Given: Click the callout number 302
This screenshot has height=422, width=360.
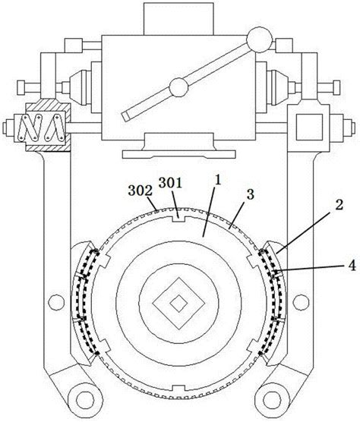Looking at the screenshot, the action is (x=141, y=191).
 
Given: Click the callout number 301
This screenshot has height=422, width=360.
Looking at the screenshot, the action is (x=170, y=183).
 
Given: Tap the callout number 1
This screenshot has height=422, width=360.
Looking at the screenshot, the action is (x=217, y=181).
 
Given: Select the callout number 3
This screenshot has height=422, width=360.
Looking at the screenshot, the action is (x=251, y=194).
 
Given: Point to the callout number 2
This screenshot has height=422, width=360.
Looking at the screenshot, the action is (x=339, y=205).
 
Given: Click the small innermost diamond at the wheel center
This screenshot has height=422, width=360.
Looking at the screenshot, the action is (x=178, y=303).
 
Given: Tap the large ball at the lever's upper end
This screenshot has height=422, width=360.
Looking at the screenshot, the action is (x=259, y=39).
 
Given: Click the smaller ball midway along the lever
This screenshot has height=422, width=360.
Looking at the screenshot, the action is (x=178, y=87).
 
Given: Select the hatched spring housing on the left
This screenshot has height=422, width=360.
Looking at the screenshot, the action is (x=48, y=126).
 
